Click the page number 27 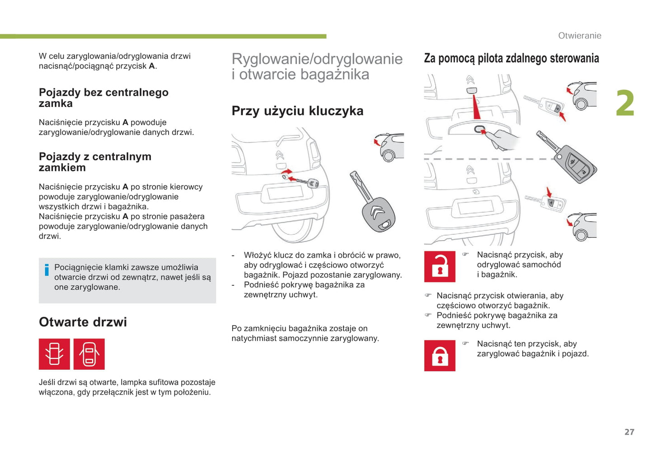pos(629,432)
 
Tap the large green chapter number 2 pos(625,103)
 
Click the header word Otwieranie pos(579,36)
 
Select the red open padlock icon pos(440,267)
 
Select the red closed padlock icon pos(440,356)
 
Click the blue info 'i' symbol pos(47,270)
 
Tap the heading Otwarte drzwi pos(83,322)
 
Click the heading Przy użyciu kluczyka pos(297,111)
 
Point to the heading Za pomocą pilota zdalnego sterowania pos(511,58)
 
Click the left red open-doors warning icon pos(54,354)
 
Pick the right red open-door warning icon pos(89,354)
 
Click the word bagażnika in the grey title pos(331,74)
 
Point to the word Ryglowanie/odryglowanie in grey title pos(317,59)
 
